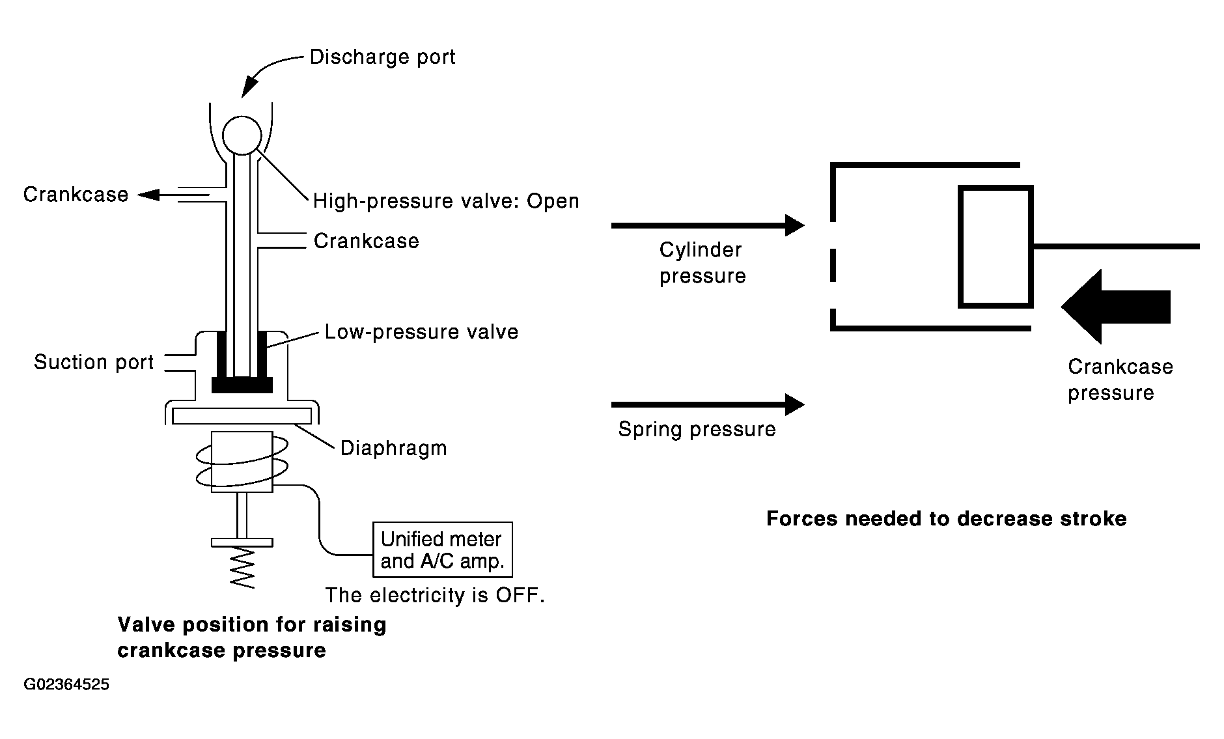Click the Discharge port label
pos(382,57)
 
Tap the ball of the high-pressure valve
pos(242,135)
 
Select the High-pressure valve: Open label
pos(446,201)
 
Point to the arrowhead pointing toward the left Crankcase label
pos(148,194)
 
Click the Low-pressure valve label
pos(422,332)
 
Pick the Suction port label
pos(94,362)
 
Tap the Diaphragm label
pos(394,449)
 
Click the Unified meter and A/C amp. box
pos(443,550)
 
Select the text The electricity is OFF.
pos(435,595)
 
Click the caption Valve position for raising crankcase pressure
pos(252,637)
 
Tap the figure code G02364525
pos(66,685)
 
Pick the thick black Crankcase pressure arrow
pos(1116,306)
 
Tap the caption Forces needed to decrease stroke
pos(946,519)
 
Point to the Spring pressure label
pos(697,430)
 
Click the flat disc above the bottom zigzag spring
pos(242,542)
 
